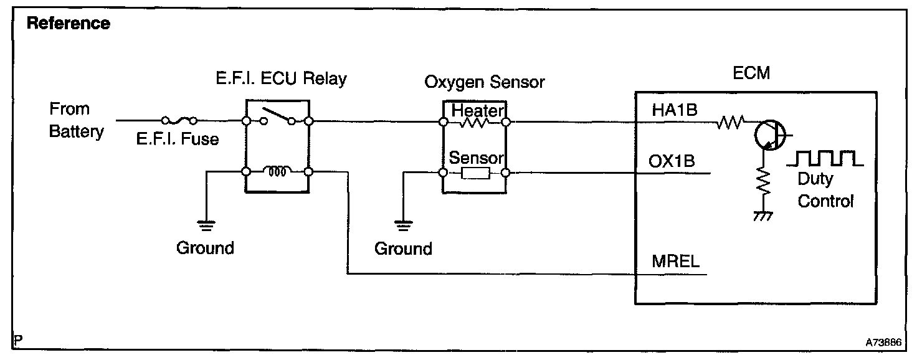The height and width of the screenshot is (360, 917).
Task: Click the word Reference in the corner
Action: (x=69, y=24)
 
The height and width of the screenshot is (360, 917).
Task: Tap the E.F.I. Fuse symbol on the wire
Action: (x=179, y=120)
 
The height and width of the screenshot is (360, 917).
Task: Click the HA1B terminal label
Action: (x=675, y=110)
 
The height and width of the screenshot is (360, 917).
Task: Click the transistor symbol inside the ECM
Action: (x=768, y=133)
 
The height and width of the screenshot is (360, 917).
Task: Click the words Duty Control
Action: (x=825, y=191)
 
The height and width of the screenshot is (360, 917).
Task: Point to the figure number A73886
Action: (x=885, y=343)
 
